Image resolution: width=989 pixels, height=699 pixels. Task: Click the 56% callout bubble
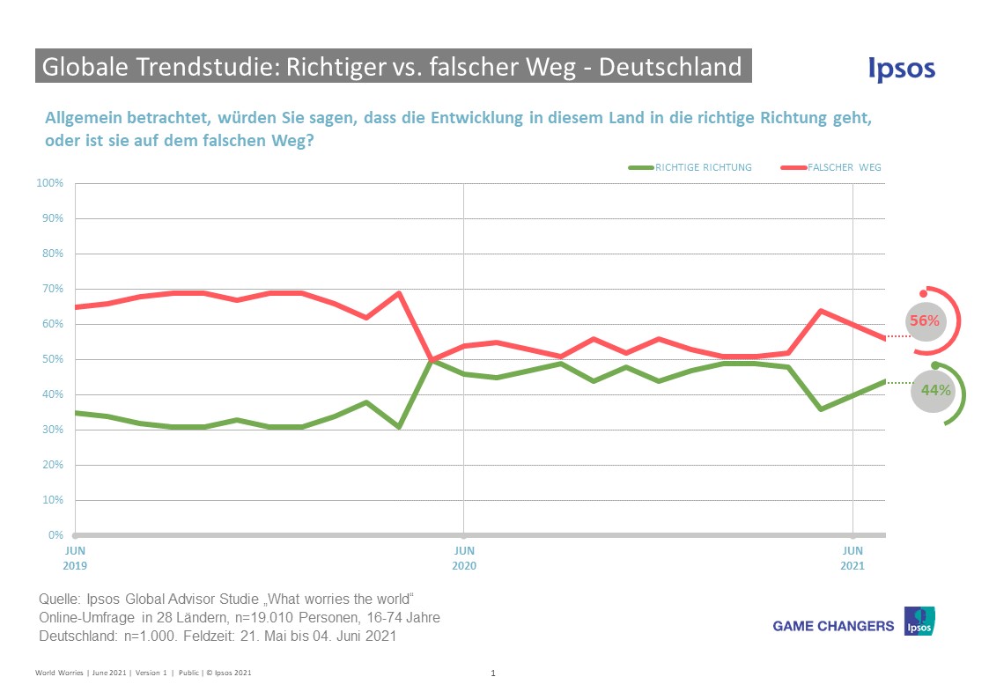[925, 321]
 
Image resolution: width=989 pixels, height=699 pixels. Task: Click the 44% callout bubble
[932, 390]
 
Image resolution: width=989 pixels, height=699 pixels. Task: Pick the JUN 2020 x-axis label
[464, 558]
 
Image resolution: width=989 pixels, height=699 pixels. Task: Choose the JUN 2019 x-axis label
[75, 558]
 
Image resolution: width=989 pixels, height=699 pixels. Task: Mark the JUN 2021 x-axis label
[852, 558]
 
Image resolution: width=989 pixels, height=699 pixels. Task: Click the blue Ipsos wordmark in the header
[901, 70]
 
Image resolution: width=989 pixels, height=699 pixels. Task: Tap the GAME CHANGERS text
[833, 626]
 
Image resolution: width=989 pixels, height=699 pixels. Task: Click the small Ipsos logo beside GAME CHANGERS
[919, 622]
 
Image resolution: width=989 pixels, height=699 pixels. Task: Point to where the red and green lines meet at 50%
[432, 359]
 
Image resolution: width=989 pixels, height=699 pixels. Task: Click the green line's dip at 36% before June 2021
[821, 408]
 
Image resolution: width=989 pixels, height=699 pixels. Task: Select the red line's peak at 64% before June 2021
[821, 311]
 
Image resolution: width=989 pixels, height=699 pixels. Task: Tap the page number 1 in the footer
[493, 673]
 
